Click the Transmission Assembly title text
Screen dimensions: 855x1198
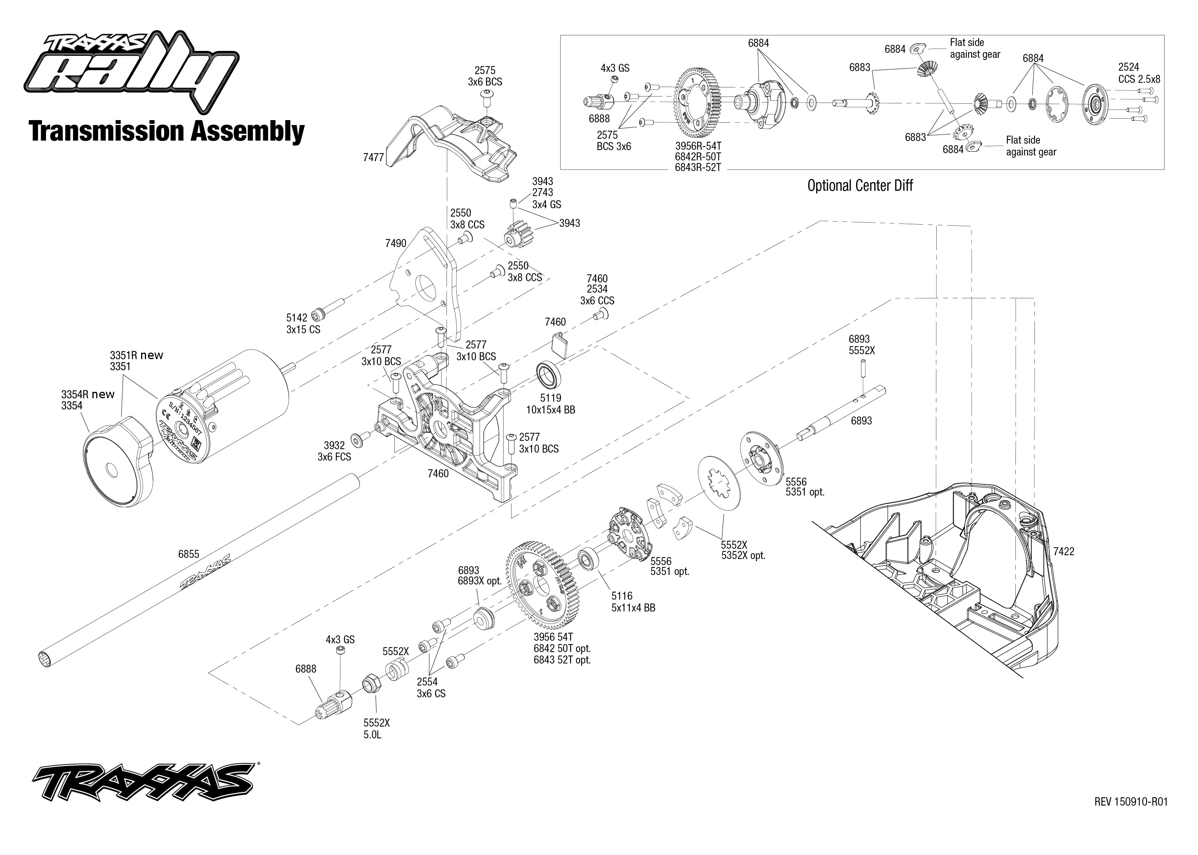167,131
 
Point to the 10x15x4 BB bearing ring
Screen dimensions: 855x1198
549,375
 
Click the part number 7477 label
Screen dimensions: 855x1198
373,157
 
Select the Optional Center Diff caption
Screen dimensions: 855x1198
860,185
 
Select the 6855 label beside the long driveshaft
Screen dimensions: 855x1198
189,554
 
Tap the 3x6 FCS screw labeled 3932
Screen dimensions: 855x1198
361,437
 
